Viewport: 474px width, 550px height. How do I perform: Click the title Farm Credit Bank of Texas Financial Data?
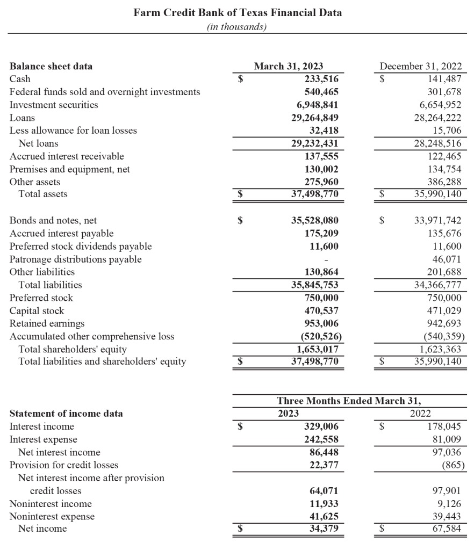click(237, 12)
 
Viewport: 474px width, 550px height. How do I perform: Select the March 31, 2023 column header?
click(289, 67)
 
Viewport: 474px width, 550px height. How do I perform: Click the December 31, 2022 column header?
click(420, 67)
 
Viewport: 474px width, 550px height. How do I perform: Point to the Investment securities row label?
click(54, 105)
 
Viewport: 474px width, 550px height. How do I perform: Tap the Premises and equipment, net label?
click(70, 169)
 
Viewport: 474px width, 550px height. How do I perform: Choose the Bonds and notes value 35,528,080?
click(314, 221)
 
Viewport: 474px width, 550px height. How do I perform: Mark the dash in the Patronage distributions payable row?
click(336, 259)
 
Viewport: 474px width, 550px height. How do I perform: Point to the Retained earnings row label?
click(47, 323)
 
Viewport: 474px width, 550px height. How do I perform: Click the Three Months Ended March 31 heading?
click(349, 401)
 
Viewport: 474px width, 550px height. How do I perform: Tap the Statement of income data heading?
click(66, 414)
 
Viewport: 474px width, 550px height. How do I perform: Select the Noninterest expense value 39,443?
click(443, 516)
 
